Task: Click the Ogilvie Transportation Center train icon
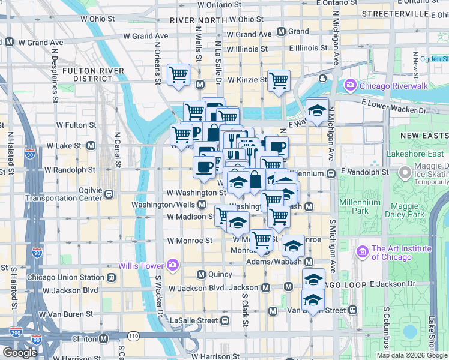pyautogui.click(x=109, y=194)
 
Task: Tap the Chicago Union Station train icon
pyautogui.click(x=111, y=278)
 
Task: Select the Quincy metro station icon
pyautogui.click(x=202, y=274)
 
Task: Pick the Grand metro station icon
pyautogui.click(x=281, y=31)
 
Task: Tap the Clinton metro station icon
pyautogui.click(x=103, y=338)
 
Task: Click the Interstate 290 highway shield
pyautogui.click(x=16, y=331)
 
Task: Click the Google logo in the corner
pyautogui.click(x=20, y=352)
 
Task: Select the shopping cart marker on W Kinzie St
pyautogui.click(x=279, y=80)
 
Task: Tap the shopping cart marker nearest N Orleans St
pyautogui.click(x=179, y=74)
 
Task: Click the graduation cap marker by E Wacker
pyautogui.click(x=318, y=110)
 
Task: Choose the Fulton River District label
pyautogui.click(x=93, y=74)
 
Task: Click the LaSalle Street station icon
pyautogui.click(x=225, y=320)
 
